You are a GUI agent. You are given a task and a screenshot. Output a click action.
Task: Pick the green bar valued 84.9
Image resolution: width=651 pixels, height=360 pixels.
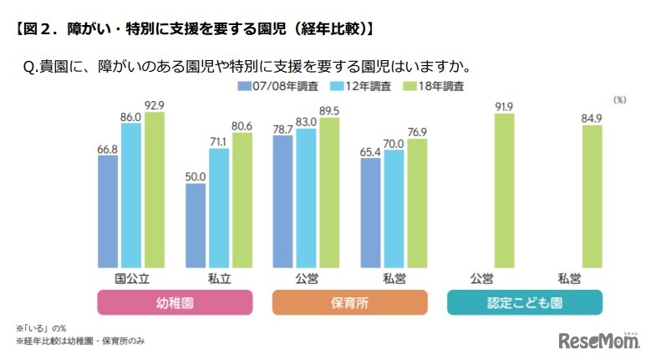[x=591, y=195]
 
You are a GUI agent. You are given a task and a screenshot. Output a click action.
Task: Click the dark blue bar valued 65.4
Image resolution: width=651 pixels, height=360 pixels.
[x=371, y=211]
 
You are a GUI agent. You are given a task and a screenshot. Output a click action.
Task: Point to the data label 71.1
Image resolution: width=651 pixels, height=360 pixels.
[x=219, y=142]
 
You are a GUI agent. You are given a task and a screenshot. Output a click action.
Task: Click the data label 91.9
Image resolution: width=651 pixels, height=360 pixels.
[x=504, y=107]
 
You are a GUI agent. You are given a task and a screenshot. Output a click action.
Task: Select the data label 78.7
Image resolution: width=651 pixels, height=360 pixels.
[x=283, y=129]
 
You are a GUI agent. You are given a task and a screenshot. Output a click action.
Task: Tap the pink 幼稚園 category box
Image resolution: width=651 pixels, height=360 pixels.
[x=175, y=302]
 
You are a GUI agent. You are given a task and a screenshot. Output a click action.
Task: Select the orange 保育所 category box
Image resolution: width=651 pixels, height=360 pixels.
[x=348, y=302]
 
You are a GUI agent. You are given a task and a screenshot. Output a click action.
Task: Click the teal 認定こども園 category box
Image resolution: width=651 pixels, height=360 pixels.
[x=524, y=302]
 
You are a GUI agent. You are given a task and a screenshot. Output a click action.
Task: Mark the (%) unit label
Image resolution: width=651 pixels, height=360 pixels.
[x=619, y=99]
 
